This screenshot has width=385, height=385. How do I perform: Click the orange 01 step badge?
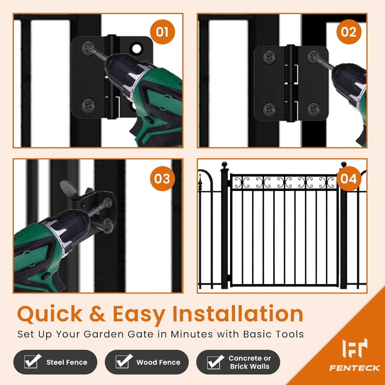pyautogui.click(x=162, y=32)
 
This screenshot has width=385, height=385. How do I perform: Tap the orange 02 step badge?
pyautogui.click(x=348, y=32)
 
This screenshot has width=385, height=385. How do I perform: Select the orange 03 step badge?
pyautogui.click(x=162, y=179)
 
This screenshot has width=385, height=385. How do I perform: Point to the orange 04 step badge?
pyautogui.click(x=348, y=179)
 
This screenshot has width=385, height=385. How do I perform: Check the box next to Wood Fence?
pyautogui.click(x=123, y=362)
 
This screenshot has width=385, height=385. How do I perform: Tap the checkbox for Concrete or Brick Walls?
pyautogui.click(x=214, y=362)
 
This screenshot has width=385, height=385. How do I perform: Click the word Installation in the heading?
pyautogui.click(x=238, y=314)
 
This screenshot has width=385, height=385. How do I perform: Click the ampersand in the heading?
pyautogui.click(x=98, y=314)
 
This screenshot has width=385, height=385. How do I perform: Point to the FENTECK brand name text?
pyautogui.click(x=354, y=368)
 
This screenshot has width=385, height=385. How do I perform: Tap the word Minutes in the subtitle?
pyautogui.click(x=192, y=334)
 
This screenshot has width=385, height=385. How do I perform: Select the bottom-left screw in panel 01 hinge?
pyautogui.click(x=88, y=104)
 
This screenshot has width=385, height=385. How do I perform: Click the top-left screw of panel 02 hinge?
pyautogui.click(x=269, y=57)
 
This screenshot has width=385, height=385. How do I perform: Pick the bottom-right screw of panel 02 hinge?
pyautogui.click(x=313, y=109)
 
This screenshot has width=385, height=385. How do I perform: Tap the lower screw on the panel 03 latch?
pyautogui.click(x=108, y=223)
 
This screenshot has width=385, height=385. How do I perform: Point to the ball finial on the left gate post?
pyautogui.click(x=225, y=165)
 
